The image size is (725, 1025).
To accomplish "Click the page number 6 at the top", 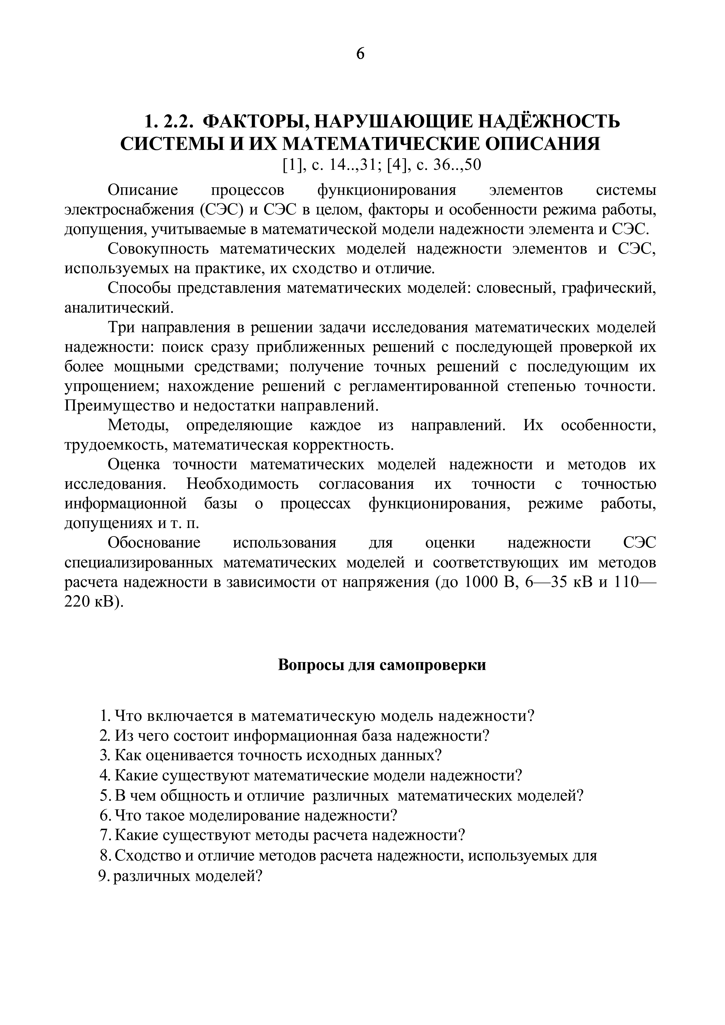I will click(x=361, y=53).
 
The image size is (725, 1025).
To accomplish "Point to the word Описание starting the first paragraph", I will click(x=143, y=190).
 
